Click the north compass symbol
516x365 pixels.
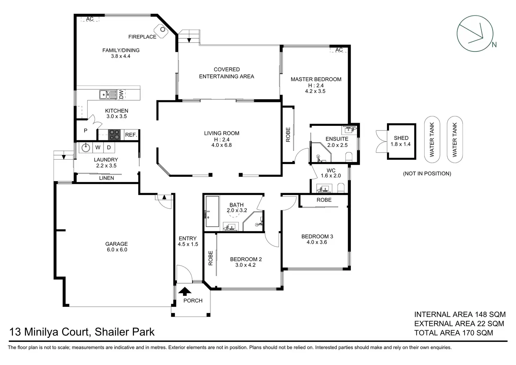tap(475, 34)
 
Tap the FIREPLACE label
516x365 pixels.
tap(142, 36)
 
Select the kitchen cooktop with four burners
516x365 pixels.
tap(114, 135)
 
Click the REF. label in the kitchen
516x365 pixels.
tap(131, 135)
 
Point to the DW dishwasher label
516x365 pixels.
tap(121, 94)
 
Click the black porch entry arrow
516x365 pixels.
tap(185, 291)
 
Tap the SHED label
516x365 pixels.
tap(401, 138)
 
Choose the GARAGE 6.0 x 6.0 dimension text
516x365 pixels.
tap(117, 250)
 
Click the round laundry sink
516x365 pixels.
tap(86, 148)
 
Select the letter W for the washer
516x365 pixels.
tap(98, 148)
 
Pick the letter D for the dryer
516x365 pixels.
tap(109, 148)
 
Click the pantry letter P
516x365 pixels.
tap(86, 131)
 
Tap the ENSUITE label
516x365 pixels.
tap(337, 139)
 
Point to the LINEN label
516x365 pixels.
tap(107, 178)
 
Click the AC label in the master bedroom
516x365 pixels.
tap(339, 50)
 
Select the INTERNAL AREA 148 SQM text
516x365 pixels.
tap(460, 314)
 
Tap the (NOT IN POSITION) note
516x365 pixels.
tap(427, 174)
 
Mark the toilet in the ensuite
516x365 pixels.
tap(349, 157)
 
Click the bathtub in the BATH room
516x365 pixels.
tap(212, 211)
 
